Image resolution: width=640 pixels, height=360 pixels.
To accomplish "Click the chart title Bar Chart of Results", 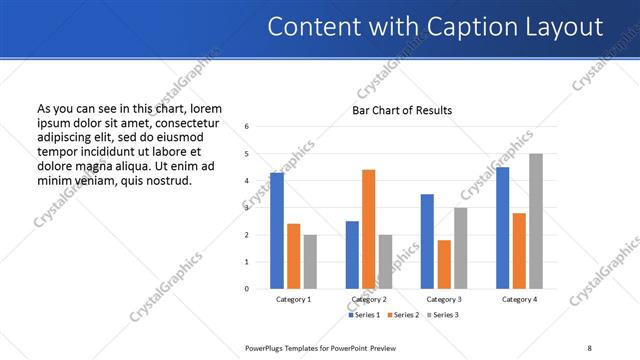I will pyautogui.click(x=402, y=110).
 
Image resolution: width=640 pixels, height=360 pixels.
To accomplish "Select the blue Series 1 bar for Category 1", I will pyautogui.click(x=277, y=231).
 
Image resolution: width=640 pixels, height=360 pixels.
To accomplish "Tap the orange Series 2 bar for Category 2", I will pyautogui.click(x=368, y=229).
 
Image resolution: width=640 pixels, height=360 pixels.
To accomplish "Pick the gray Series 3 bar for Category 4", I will pyautogui.click(x=536, y=221).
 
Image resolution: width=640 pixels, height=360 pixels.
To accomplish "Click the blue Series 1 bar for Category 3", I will pyautogui.click(x=427, y=241).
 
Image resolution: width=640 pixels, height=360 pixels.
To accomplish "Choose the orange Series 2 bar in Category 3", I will pyautogui.click(x=444, y=264).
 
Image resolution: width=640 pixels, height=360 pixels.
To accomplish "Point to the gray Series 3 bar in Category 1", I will pyautogui.click(x=310, y=261).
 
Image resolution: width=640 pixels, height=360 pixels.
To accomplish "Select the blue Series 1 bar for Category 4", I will pyautogui.click(x=502, y=228).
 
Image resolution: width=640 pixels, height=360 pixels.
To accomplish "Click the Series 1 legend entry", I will pyautogui.click(x=365, y=315).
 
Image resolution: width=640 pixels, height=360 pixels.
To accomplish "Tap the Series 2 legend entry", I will pyautogui.click(x=403, y=315).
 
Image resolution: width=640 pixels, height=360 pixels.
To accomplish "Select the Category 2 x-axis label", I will pyautogui.click(x=369, y=299).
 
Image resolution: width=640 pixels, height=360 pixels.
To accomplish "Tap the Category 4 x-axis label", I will pyautogui.click(x=519, y=299).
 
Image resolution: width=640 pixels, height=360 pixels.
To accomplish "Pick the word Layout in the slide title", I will pyautogui.click(x=567, y=26).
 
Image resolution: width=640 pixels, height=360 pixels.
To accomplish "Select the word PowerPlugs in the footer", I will pyautogui.click(x=265, y=347).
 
